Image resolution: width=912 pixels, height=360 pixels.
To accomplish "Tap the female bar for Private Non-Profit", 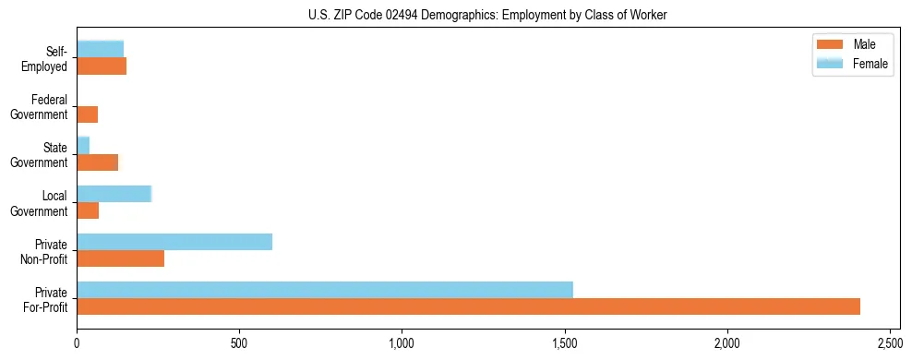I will [x=174, y=242].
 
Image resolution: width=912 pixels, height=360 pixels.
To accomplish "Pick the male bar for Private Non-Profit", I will [x=120, y=258].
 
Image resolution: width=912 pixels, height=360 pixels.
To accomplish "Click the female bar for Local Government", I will [x=114, y=194].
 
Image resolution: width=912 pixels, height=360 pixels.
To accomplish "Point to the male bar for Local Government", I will [x=88, y=210].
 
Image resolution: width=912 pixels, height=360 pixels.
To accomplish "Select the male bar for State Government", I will [x=97, y=162].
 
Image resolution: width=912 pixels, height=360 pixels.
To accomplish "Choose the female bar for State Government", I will [x=83, y=145].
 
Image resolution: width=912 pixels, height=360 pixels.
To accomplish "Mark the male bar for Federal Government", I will [x=87, y=114].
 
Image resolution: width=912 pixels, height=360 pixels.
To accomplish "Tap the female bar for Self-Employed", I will [x=100, y=49].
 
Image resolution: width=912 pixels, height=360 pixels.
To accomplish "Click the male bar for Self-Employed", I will [x=102, y=66].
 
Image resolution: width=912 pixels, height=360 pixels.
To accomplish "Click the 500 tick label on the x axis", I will [x=239, y=342].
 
